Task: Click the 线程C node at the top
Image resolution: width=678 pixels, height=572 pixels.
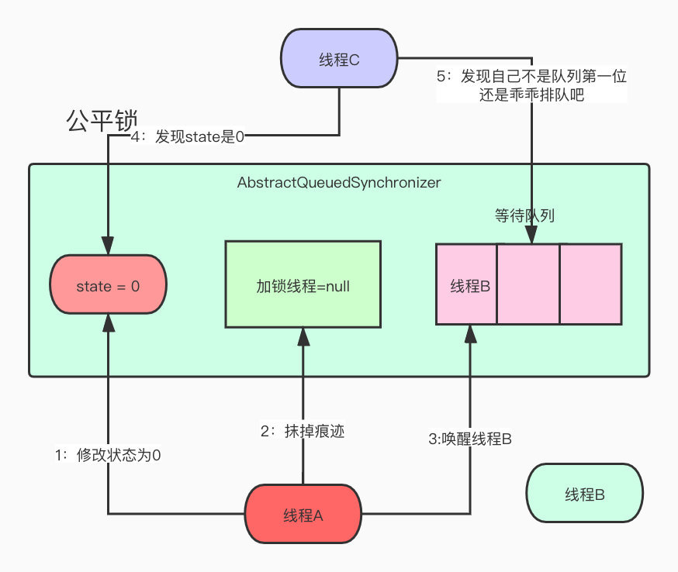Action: [x=339, y=58]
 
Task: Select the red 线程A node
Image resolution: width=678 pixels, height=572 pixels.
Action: [x=303, y=514]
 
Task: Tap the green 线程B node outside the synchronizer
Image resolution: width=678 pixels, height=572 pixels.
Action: [x=585, y=494]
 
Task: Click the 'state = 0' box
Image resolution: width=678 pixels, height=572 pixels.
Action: [x=108, y=284]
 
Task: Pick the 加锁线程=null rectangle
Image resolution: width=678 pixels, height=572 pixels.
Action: [x=303, y=284]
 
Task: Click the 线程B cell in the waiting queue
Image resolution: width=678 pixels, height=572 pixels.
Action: [x=466, y=284]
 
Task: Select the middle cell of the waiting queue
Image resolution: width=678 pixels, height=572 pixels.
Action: [x=528, y=284]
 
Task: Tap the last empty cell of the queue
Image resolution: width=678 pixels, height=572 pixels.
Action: [x=591, y=284]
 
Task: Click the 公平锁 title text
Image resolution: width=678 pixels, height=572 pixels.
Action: [x=102, y=121]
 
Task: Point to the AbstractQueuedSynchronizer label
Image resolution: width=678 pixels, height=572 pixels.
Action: [x=339, y=183]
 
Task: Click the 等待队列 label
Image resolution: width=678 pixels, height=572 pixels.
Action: [x=524, y=215]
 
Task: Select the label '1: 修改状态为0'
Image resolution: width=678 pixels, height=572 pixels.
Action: [x=108, y=455]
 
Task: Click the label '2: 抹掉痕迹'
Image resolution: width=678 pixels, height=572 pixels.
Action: [x=303, y=431]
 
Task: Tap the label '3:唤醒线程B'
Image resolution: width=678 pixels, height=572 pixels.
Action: [x=470, y=439]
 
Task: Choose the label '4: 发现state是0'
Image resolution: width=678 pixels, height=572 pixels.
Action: [x=187, y=137]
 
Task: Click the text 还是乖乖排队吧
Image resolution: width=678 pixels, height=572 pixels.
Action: [x=531, y=95]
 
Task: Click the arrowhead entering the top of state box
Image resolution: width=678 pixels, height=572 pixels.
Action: [x=108, y=246]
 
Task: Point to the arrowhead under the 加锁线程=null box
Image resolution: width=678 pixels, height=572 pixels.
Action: [x=303, y=337]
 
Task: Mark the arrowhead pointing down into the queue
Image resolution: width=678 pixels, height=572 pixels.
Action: [x=531, y=235]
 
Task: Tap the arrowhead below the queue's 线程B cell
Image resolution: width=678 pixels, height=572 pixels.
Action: [x=470, y=334]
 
